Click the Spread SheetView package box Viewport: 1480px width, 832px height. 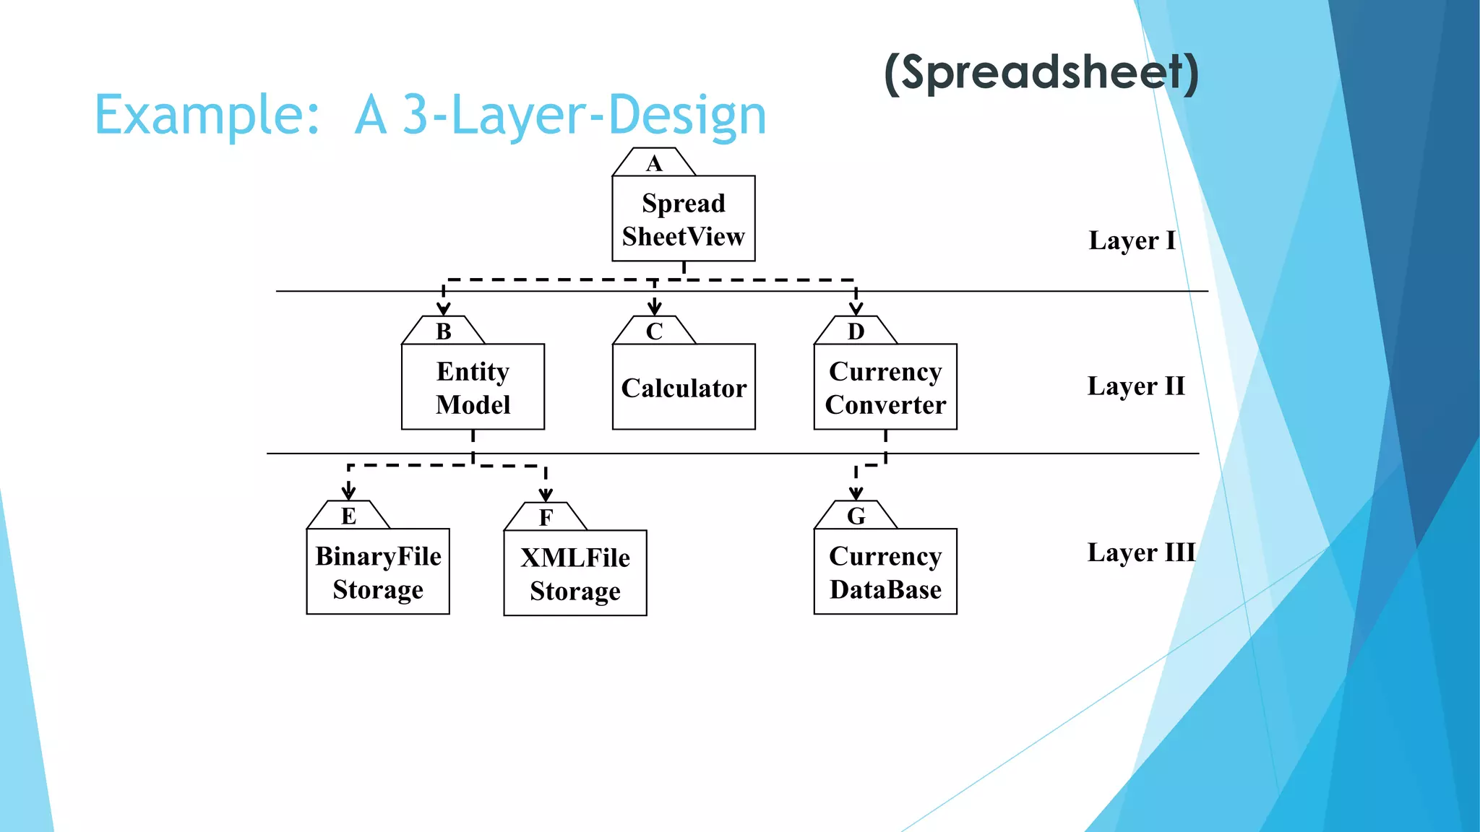pos(683,219)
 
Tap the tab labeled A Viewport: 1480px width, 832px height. pos(654,163)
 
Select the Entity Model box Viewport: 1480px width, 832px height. pos(473,387)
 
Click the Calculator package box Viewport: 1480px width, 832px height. pos(683,388)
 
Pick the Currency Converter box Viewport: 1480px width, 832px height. pos(885,387)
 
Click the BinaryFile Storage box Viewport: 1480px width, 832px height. pos(378,572)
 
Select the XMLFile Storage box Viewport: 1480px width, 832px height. pos(575,573)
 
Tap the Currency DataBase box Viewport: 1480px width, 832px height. pos(885,572)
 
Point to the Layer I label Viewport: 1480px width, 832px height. pos(1132,240)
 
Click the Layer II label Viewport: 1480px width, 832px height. pos(1136,386)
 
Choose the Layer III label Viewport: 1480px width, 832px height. pos(1141,552)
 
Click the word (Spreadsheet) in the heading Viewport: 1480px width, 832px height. pos(1041,73)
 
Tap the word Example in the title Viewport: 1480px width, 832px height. pos(206,116)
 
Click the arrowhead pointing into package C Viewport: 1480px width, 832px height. pos(654,308)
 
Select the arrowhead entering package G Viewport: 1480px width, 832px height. pos(856,493)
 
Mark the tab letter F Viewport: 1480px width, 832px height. pos(546,518)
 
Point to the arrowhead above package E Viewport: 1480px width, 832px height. pos(348,493)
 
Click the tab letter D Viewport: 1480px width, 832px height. pos(856,331)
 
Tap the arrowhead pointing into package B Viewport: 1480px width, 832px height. pos(443,308)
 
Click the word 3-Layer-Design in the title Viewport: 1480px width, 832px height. pos(584,116)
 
